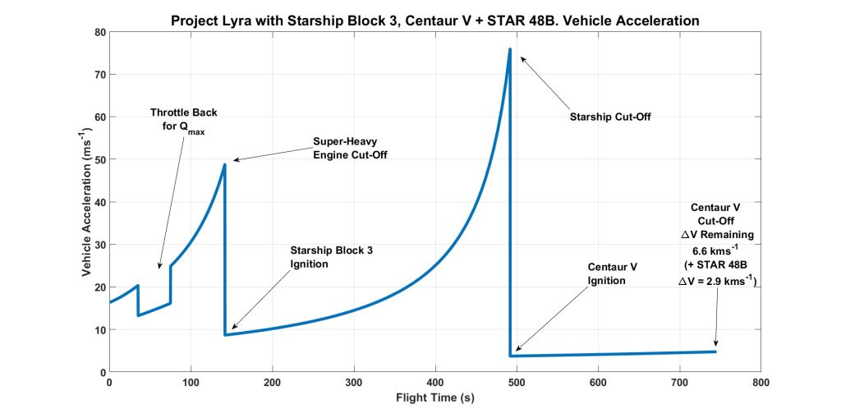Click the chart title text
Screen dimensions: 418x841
click(x=435, y=19)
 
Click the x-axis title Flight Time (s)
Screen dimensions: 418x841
click(x=435, y=398)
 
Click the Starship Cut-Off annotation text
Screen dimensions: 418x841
click(x=610, y=117)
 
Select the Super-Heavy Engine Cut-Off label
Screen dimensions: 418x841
click(x=351, y=148)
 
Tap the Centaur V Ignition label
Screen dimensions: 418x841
click(x=613, y=274)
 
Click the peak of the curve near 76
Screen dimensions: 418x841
click(x=510, y=49)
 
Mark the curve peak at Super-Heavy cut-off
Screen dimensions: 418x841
click(x=224, y=165)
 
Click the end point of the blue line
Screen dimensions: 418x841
click(x=715, y=351)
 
